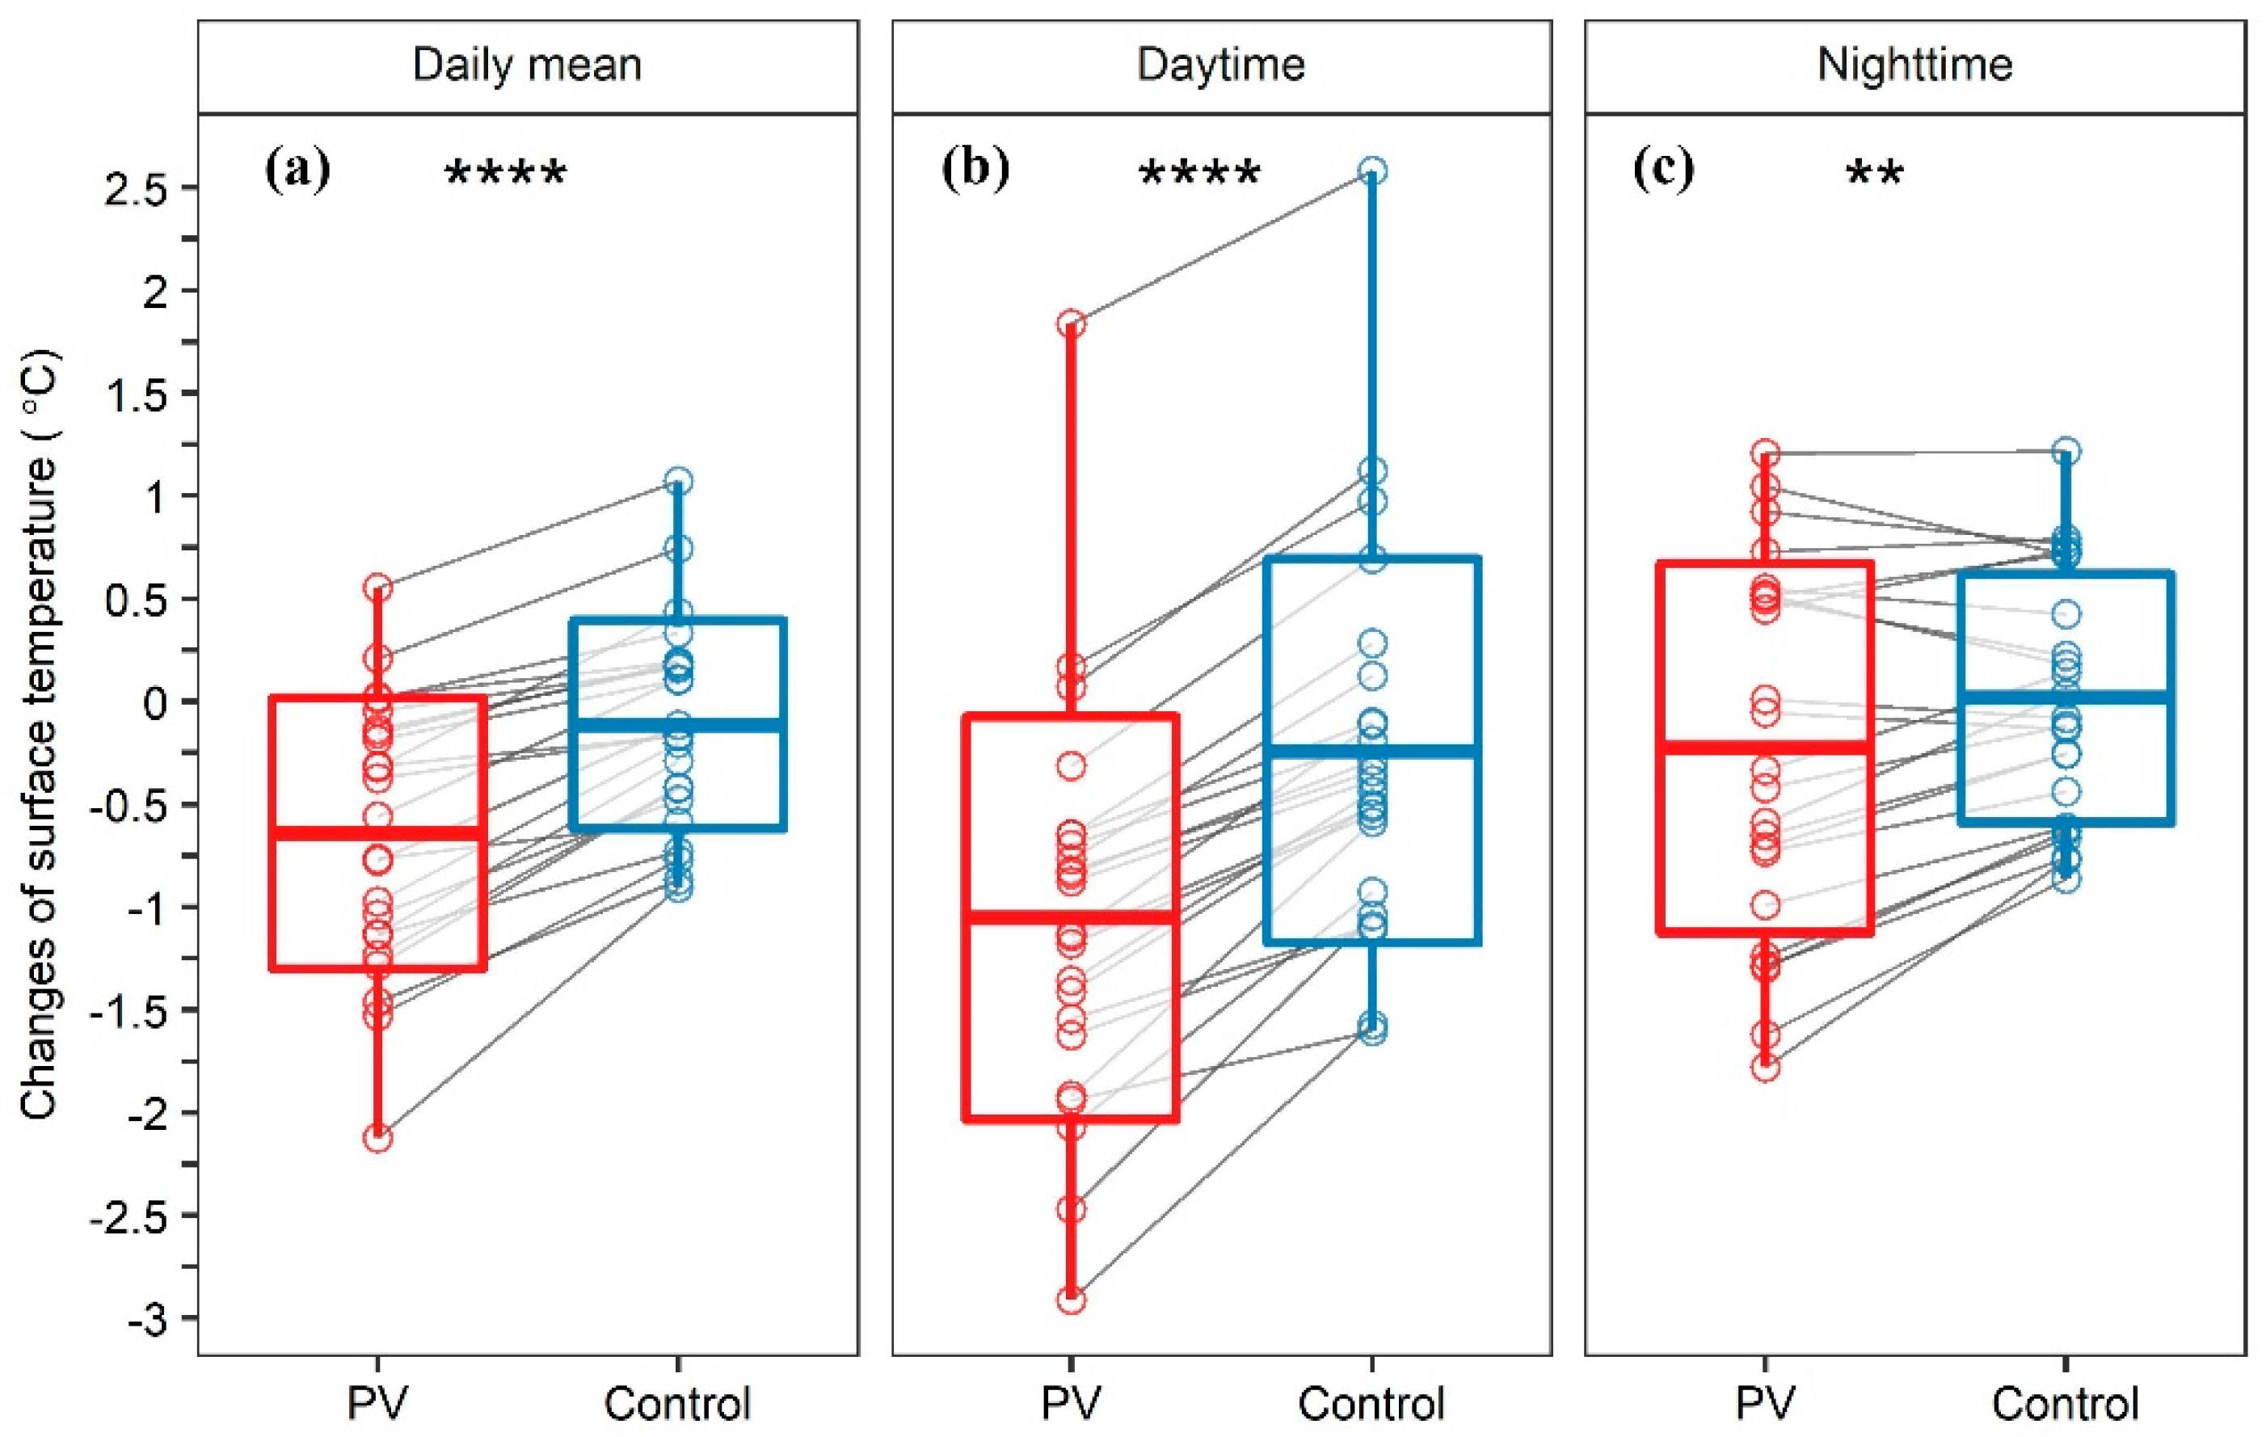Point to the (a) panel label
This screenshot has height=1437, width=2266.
(298, 171)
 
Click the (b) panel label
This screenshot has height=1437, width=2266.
(975, 171)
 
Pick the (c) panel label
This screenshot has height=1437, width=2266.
(1663, 171)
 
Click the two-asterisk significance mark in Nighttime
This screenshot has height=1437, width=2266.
(1875, 174)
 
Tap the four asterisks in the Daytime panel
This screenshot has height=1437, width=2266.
(1199, 174)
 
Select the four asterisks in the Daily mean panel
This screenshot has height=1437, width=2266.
(505, 174)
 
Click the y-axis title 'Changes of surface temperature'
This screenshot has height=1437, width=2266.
(40, 734)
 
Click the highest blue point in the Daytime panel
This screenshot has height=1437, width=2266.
(1372, 171)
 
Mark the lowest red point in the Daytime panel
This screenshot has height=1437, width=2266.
(1071, 1300)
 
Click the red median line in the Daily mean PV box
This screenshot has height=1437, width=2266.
(377, 832)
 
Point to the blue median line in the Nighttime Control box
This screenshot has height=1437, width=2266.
(2066, 697)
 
